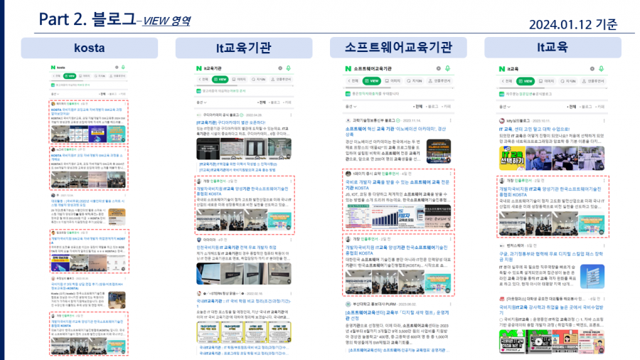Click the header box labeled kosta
(x=89, y=48)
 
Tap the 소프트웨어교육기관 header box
(x=398, y=48)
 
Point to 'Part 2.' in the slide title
(x=63, y=19)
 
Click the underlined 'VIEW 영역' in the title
(x=166, y=21)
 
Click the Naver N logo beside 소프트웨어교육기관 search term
(x=348, y=68)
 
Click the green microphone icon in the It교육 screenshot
(x=601, y=68)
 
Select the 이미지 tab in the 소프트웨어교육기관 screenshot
(x=393, y=80)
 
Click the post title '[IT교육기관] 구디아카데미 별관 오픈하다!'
(x=237, y=123)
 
